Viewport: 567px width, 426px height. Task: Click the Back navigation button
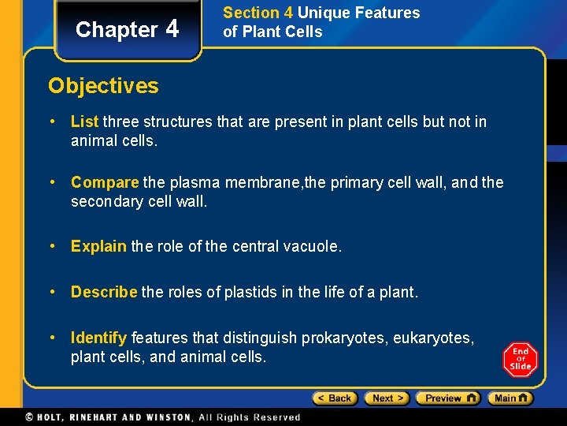[x=335, y=398]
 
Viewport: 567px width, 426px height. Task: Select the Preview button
[x=447, y=398]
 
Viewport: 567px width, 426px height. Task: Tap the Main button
[x=510, y=398]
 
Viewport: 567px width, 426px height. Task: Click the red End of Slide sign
[x=520, y=359]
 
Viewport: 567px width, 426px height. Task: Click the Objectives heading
[x=103, y=85]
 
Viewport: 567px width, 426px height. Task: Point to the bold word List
[x=84, y=121]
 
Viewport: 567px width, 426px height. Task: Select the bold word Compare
[x=105, y=182]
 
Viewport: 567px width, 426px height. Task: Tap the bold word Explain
[x=98, y=246]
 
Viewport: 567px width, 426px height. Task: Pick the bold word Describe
[x=104, y=292]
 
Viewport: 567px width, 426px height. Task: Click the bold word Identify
[x=98, y=338]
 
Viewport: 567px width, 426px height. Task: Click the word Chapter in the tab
[x=117, y=30]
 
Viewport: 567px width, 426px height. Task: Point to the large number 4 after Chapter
[x=172, y=28]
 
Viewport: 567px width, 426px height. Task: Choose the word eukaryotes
[x=432, y=338]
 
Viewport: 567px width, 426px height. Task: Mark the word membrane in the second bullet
[x=260, y=182]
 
